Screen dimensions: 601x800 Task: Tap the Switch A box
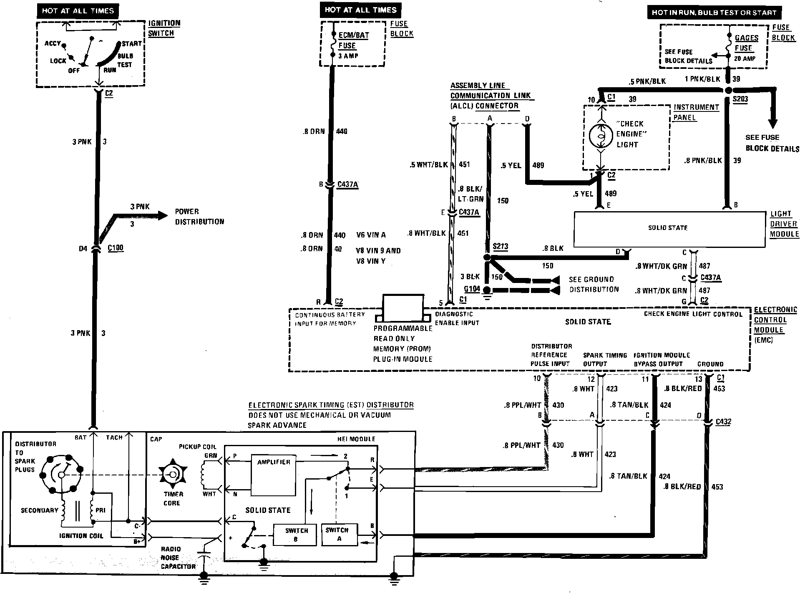(x=339, y=535)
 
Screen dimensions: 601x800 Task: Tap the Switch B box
(x=296, y=535)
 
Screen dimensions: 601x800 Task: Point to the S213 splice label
(x=501, y=246)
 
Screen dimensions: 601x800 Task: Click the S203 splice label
(x=740, y=99)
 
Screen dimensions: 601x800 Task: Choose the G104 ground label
(x=472, y=289)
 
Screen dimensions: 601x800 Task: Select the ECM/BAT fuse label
(x=353, y=40)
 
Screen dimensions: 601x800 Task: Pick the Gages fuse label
(x=746, y=43)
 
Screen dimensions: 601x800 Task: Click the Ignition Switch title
(x=164, y=28)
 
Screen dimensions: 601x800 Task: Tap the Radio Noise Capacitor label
(x=178, y=558)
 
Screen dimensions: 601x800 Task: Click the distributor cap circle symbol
(x=61, y=475)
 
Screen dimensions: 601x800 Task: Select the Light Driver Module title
(x=784, y=224)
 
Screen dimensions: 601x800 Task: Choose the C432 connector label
(x=724, y=422)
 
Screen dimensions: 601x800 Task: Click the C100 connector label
(x=116, y=248)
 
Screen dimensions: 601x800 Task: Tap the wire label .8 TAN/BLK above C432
(x=629, y=405)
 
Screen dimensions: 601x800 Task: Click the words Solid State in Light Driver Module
(x=667, y=228)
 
